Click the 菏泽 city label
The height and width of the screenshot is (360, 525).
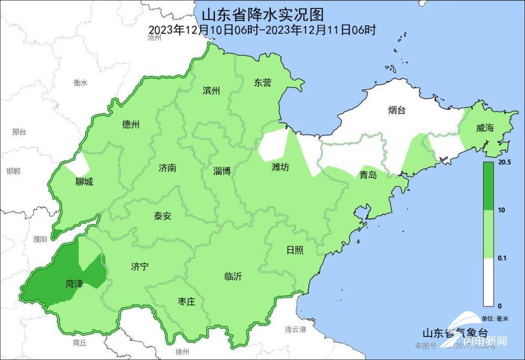75,284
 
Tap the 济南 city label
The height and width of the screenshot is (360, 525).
167,168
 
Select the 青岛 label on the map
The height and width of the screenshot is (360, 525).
368,175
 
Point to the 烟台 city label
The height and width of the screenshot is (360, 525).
397,110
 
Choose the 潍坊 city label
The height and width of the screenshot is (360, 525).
280,167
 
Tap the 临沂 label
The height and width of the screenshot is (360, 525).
233,277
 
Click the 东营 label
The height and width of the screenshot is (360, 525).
262,82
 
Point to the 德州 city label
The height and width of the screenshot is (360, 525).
131,124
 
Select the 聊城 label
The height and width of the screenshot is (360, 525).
84,182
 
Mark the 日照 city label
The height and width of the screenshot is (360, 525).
295,250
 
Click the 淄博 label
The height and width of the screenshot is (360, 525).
222,171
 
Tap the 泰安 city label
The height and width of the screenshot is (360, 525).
162,216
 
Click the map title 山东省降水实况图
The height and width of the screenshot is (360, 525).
262,13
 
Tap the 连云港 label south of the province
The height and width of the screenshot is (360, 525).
295,330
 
